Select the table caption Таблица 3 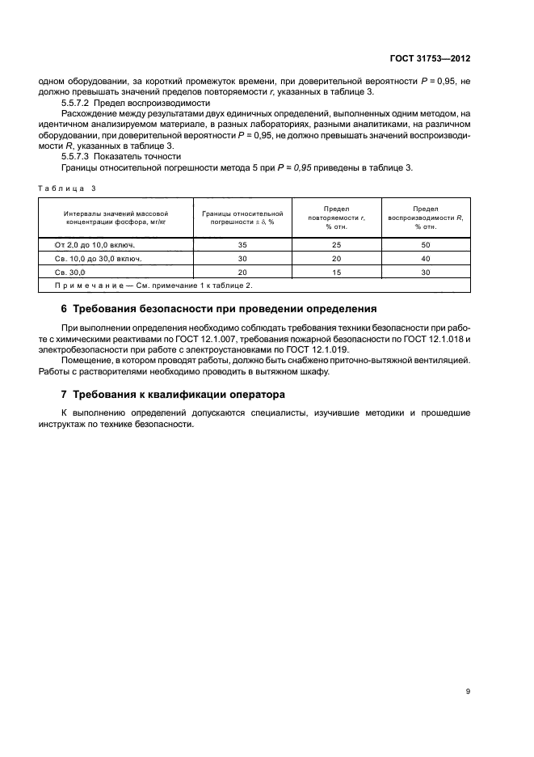[66, 188]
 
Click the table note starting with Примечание [153, 285]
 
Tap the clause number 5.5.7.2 [76, 104]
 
